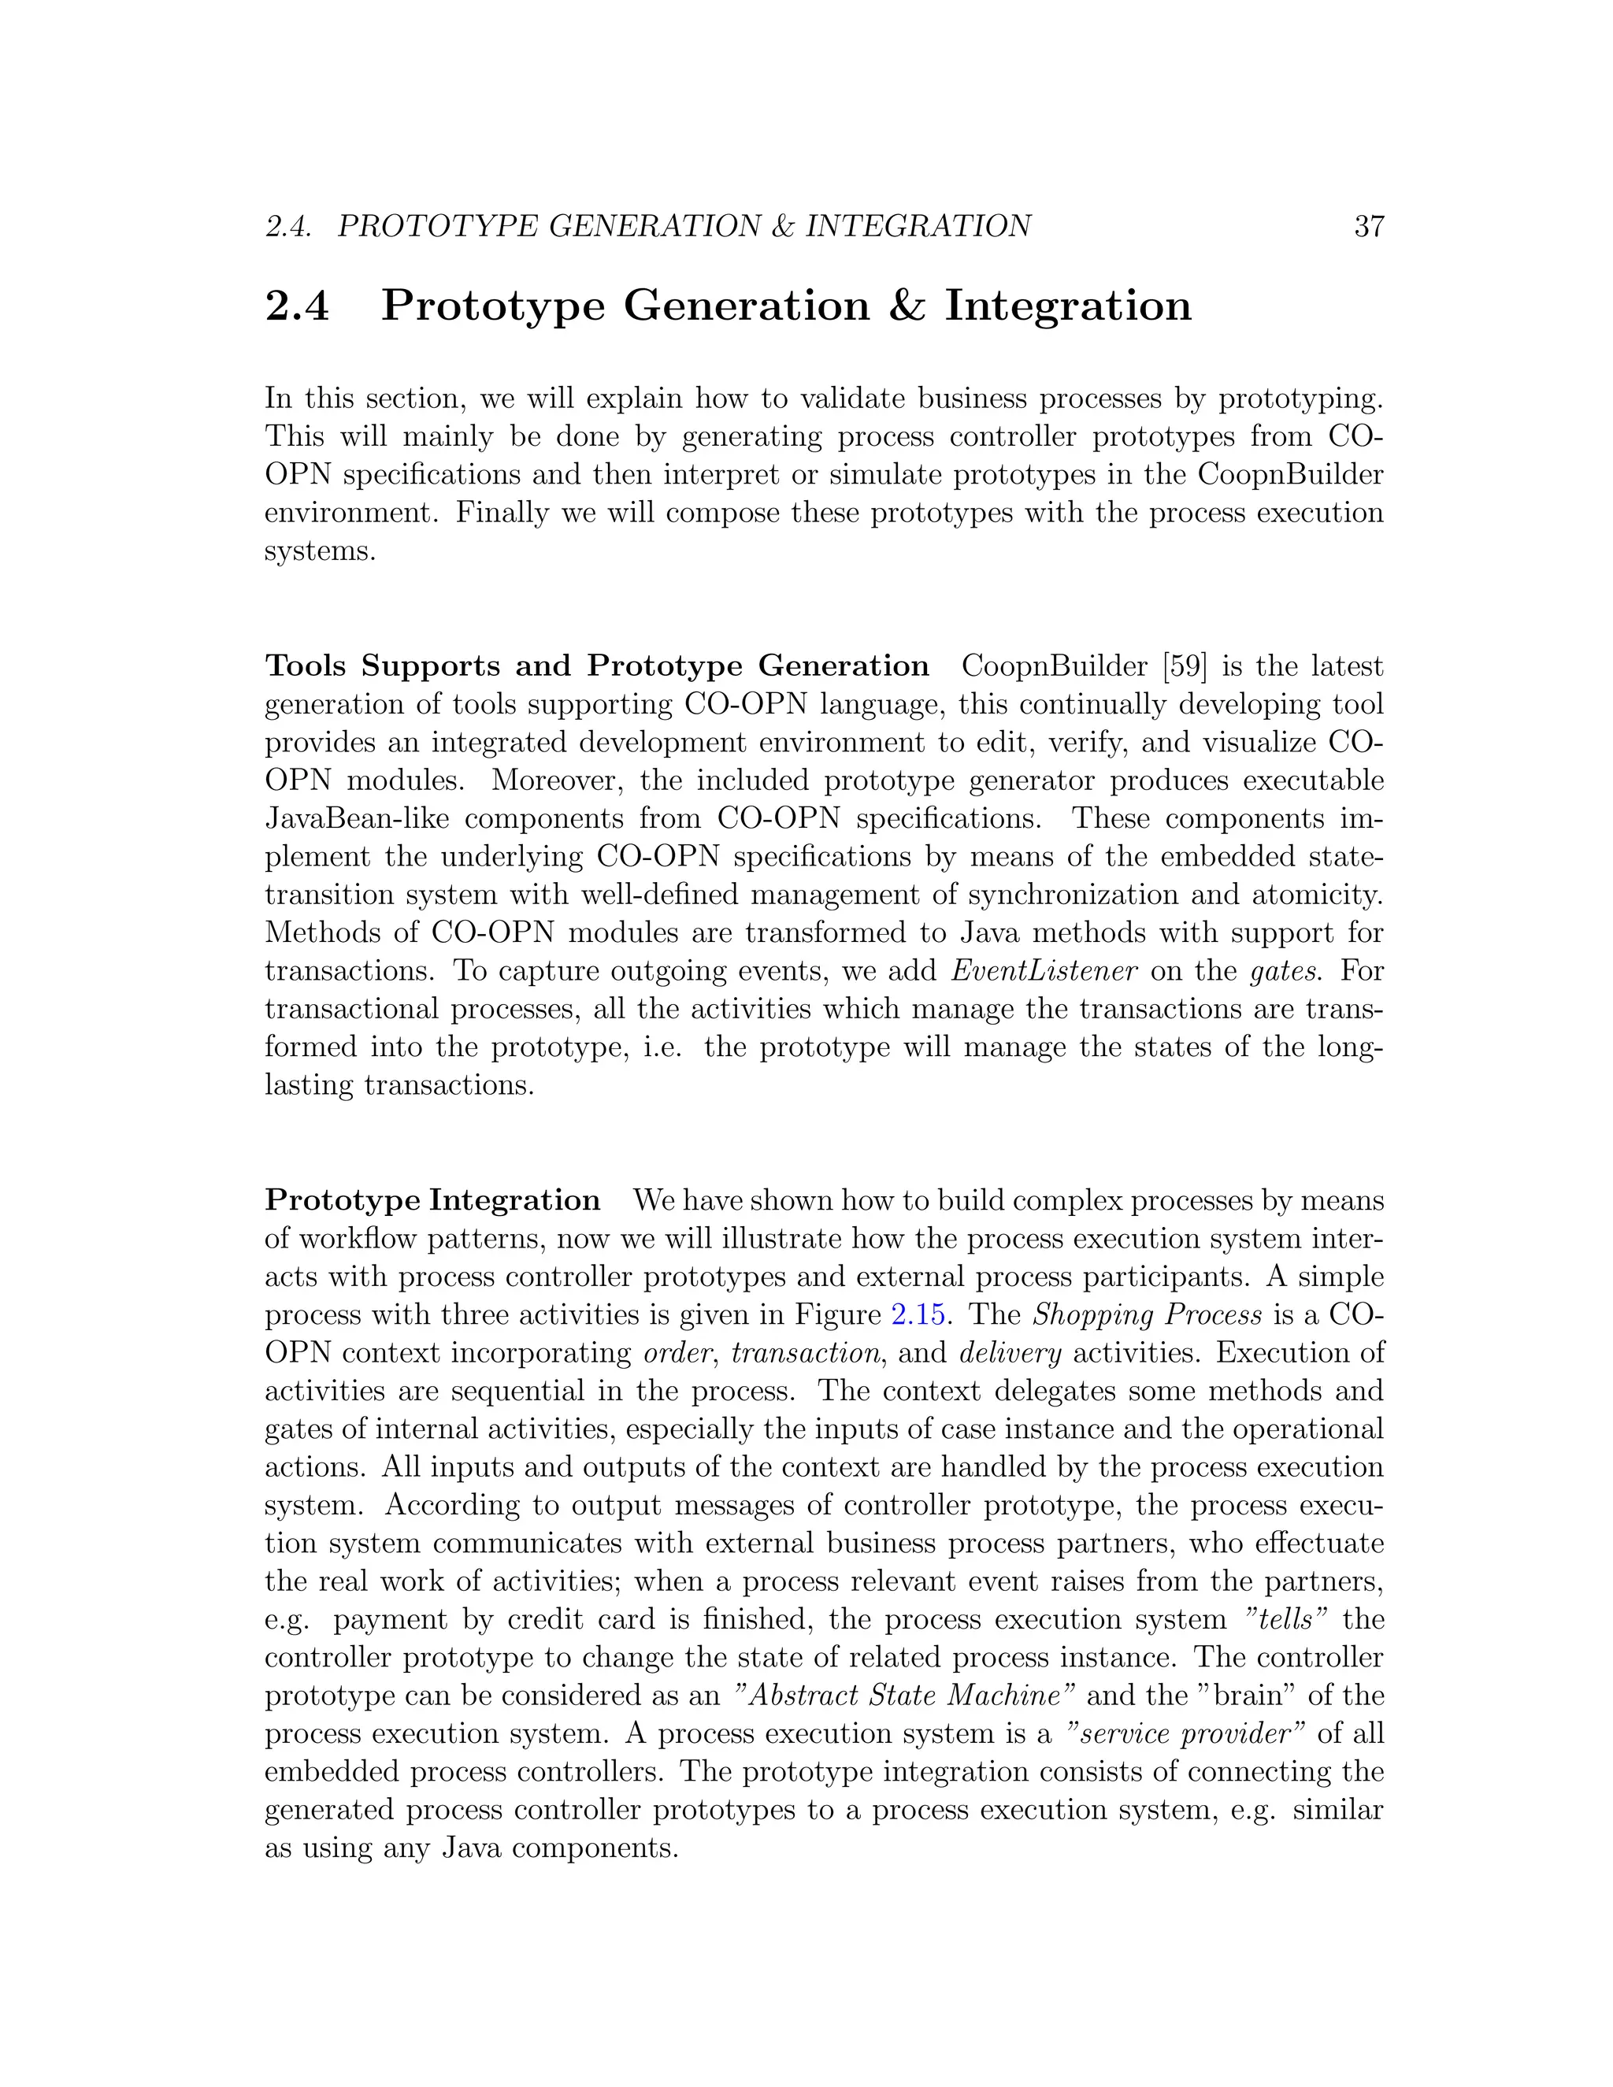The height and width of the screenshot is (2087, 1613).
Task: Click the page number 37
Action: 1368,227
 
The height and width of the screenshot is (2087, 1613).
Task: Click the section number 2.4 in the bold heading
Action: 297,306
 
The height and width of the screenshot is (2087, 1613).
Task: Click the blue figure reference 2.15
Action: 918,1315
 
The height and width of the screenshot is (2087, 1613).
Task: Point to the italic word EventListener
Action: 1044,971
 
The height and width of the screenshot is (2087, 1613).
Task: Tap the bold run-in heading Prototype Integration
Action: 432,1200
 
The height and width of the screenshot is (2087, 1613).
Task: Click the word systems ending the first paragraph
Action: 319,551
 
